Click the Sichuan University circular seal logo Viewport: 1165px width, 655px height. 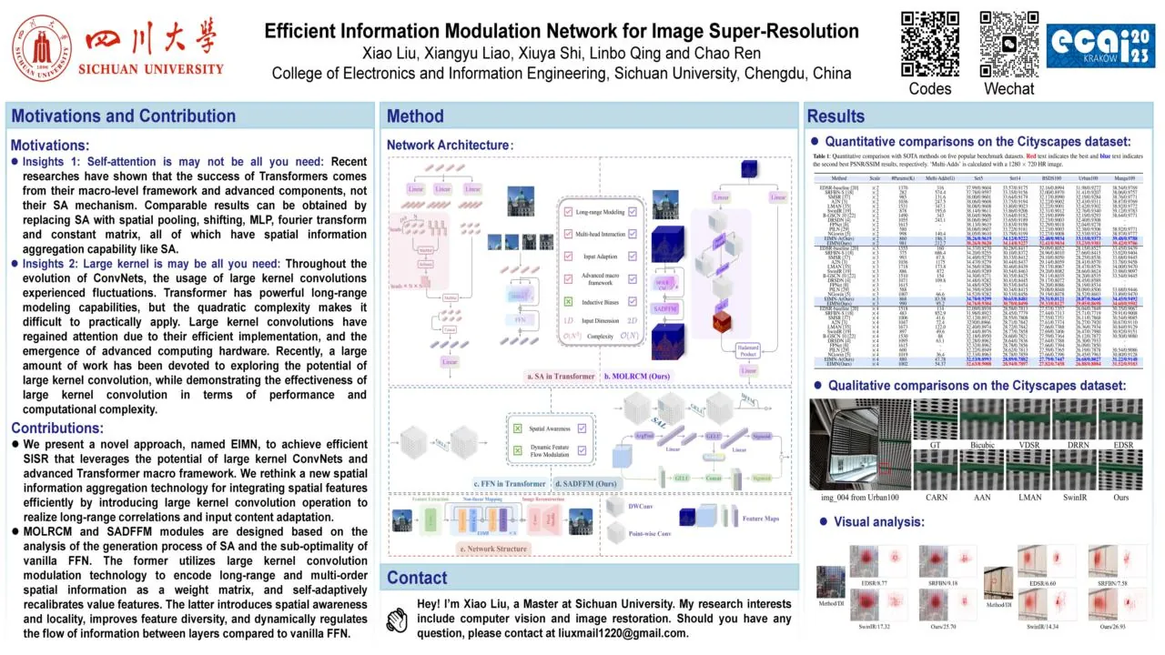point(42,46)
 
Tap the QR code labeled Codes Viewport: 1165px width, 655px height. point(929,44)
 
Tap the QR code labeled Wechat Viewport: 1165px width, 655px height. point(1008,44)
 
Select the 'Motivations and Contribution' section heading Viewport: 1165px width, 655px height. point(123,116)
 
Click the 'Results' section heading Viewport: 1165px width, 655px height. point(836,116)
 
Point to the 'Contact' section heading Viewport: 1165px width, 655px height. point(417,578)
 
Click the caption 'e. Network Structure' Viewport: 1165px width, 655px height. point(493,549)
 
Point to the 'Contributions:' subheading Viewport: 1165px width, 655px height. point(56,428)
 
